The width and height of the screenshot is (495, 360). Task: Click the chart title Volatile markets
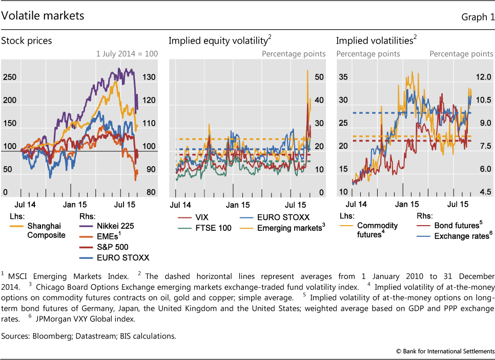(x=43, y=16)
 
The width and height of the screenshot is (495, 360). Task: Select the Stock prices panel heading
(x=27, y=41)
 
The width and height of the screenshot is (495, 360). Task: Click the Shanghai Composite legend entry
(x=46, y=230)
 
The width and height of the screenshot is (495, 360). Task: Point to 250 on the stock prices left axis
(x=10, y=77)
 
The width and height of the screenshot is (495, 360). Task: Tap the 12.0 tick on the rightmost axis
(x=484, y=77)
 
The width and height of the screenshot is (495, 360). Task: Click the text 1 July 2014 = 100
(x=127, y=53)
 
